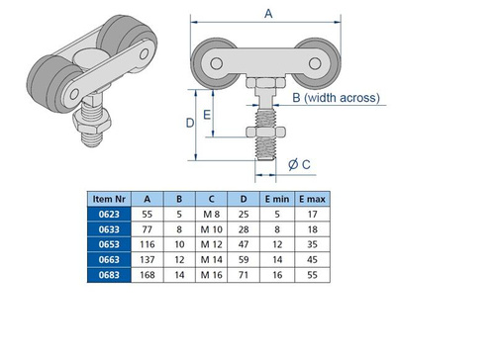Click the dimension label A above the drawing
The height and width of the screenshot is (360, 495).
pyautogui.click(x=268, y=14)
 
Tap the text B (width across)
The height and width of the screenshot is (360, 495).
pyautogui.click(x=336, y=98)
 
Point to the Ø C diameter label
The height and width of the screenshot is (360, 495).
pyautogui.click(x=299, y=164)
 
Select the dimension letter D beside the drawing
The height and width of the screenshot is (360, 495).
pyautogui.click(x=190, y=123)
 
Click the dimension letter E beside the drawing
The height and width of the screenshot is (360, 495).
pyautogui.click(x=207, y=115)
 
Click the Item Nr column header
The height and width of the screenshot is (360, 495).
pyautogui.click(x=109, y=199)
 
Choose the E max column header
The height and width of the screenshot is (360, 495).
pyautogui.click(x=312, y=199)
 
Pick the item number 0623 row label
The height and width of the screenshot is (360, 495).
pyautogui.click(x=109, y=215)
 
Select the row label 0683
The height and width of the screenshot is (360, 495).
pyautogui.click(x=109, y=275)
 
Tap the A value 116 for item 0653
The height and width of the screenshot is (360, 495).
pyautogui.click(x=148, y=244)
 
